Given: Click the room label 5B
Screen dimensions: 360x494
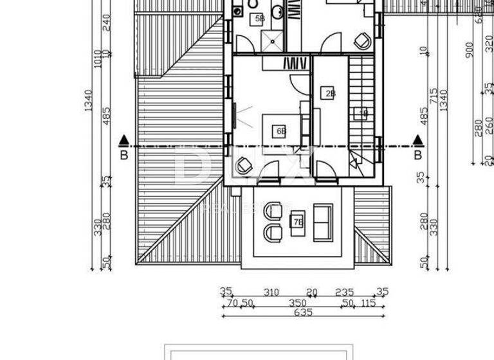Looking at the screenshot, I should coord(259,19).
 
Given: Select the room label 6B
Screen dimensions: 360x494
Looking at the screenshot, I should coord(281,131).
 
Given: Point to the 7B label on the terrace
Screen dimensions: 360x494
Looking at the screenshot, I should coord(298,222).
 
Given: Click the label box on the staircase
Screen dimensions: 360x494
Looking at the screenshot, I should coord(361,114).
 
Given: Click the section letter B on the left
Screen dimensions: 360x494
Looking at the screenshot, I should coord(124,155).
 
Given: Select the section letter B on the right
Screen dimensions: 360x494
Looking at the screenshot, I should coord(417,155).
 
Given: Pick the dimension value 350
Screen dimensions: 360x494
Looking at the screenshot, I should coord(297,303).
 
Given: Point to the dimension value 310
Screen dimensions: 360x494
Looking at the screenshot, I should coord(272,292).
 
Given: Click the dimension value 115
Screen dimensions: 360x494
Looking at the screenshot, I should coord(369,303).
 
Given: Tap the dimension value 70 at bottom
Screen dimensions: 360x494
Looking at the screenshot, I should coord(233,303).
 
